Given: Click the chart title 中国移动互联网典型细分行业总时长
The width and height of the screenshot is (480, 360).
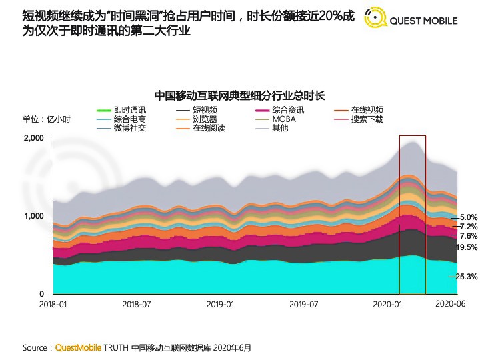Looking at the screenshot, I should click(x=239, y=95).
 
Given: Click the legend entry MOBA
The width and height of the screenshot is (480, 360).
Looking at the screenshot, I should click(x=284, y=119).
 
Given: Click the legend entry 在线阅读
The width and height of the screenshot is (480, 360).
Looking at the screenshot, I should click(x=209, y=128).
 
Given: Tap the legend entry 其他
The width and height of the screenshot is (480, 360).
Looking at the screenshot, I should click(x=280, y=128).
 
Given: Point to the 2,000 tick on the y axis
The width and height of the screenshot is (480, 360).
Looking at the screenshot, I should click(x=33, y=138).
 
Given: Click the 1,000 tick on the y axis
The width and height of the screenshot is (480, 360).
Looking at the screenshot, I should click(x=33, y=216).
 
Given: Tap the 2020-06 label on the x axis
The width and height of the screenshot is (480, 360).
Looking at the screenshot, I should click(x=449, y=304).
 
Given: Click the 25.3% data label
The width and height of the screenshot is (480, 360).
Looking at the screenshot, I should click(x=467, y=277).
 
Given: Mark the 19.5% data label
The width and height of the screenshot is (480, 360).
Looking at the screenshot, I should click(x=467, y=247).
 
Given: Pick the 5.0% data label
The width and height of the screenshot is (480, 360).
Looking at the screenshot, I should click(x=469, y=217).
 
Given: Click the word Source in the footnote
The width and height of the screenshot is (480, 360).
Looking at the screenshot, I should click(x=35, y=347).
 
